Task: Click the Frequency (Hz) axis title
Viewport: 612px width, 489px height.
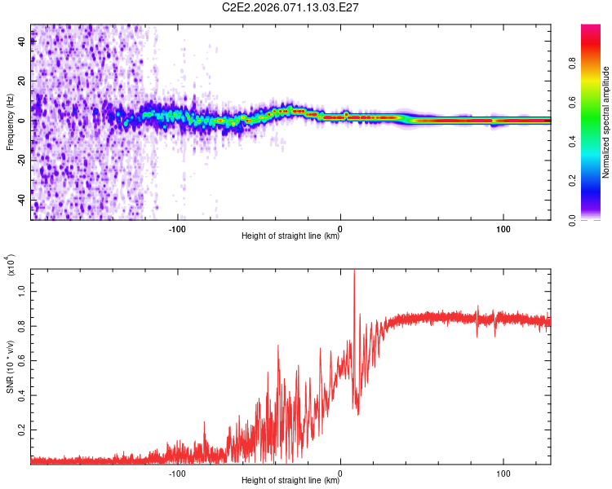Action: tap(10, 122)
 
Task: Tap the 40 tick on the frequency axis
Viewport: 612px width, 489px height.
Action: tap(21, 42)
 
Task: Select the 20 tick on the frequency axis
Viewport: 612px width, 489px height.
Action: tap(21, 81)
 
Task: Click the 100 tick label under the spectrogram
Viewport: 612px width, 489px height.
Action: tap(503, 228)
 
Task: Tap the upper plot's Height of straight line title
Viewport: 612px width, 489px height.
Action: tap(290, 236)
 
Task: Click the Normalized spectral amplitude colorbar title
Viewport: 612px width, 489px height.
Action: tap(605, 122)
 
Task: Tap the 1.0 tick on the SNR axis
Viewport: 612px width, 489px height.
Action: tap(21, 290)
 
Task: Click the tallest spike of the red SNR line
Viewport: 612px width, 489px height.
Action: tap(354, 271)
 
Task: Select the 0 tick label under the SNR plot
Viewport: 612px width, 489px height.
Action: tap(341, 473)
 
